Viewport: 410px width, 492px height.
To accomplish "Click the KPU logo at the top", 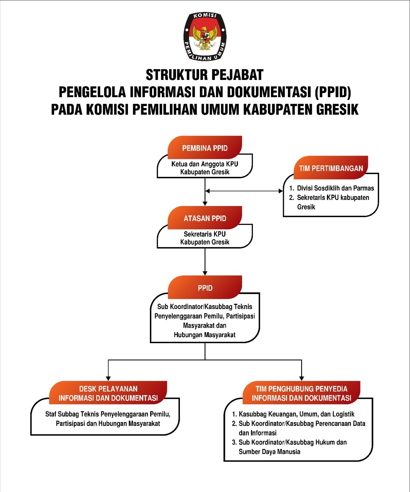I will point(205,36).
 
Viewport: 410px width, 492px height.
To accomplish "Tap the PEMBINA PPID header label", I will point(205,148).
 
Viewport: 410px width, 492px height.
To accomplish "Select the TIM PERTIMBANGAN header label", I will point(331,168).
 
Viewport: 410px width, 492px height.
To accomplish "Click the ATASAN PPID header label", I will point(205,218).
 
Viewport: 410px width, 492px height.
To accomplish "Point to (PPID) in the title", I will point(333,92).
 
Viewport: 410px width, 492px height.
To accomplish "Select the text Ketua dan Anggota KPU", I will point(205,164).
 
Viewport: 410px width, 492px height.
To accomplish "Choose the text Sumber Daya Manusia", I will point(269,452).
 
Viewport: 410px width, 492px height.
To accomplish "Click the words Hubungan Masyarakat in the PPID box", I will point(205,335).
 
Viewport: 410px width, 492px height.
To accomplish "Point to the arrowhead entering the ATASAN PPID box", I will point(205,203).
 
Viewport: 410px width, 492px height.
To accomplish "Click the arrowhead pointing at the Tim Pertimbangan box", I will point(281,191).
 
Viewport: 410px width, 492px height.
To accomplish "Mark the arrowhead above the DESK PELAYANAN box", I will point(108,378).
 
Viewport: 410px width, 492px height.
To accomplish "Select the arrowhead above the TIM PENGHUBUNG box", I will point(301,378).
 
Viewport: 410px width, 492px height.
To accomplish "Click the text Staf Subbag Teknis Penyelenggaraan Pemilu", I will point(108,414).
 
